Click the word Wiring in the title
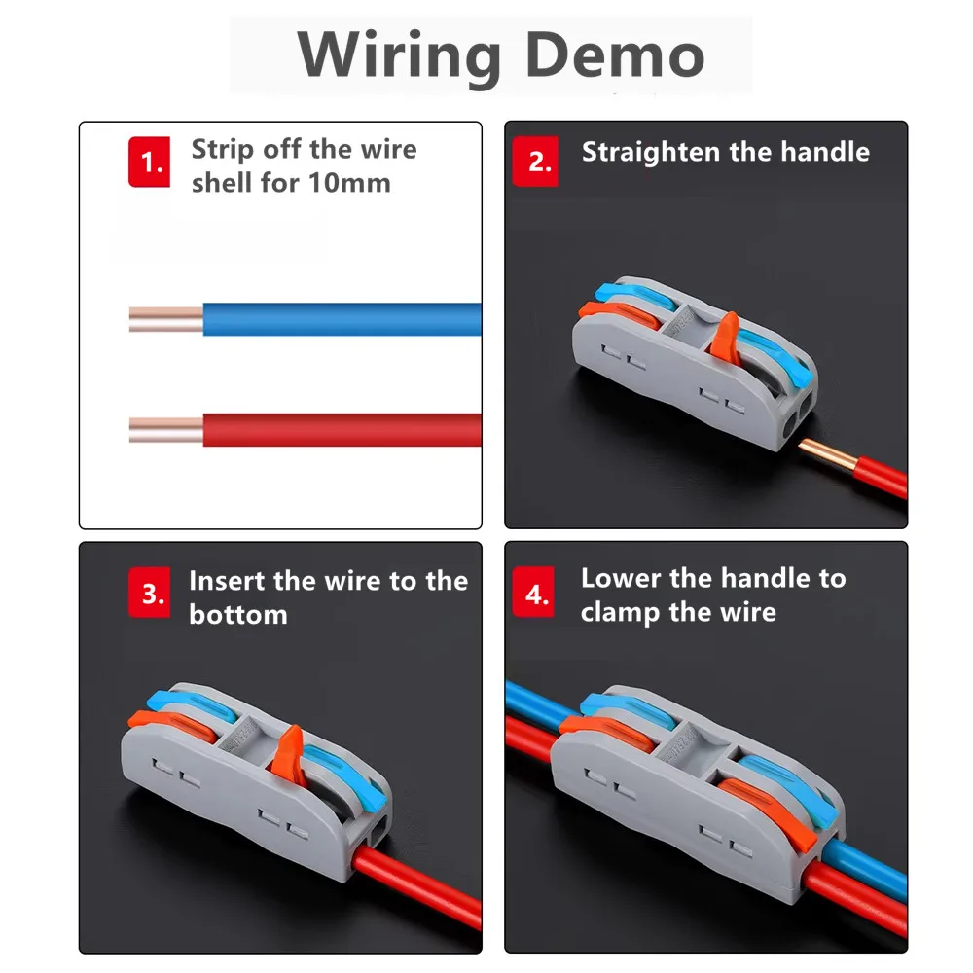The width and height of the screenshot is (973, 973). [x=399, y=57]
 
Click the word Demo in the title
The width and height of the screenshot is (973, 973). [x=616, y=54]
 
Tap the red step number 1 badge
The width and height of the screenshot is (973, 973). [x=150, y=162]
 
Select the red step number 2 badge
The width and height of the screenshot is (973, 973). [x=535, y=162]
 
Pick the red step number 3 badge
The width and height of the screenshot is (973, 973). [x=150, y=593]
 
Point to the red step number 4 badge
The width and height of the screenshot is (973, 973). [x=534, y=592]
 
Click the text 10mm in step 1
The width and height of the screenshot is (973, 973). [x=349, y=183]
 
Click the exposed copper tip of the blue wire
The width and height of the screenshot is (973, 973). [x=165, y=319]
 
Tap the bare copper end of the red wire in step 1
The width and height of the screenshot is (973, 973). [x=165, y=429]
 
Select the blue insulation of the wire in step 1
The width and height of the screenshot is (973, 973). [x=342, y=319]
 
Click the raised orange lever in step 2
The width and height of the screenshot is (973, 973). [x=725, y=334]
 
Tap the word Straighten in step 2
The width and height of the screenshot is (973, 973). [x=651, y=153]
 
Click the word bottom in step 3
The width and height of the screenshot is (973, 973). [x=238, y=614]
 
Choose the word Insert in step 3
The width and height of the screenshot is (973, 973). [x=227, y=581]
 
